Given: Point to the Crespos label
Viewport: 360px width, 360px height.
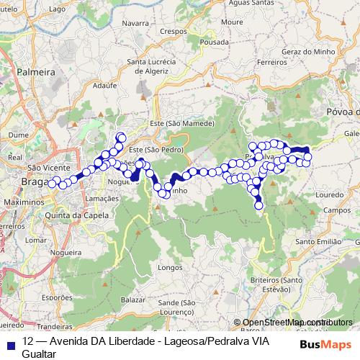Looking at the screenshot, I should coord(173,32).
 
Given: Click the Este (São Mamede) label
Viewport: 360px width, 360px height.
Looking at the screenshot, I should coord(182,124).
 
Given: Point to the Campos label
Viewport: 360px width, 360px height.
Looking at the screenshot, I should coord(336,211).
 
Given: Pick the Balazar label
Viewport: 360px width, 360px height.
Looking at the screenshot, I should coord(134,297).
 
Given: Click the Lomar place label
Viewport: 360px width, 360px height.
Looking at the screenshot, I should coord(35,240).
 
